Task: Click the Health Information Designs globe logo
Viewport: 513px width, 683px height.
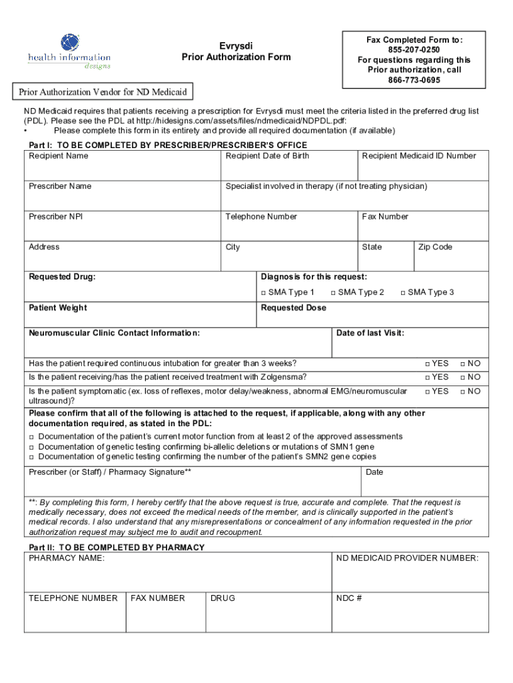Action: coord(69,43)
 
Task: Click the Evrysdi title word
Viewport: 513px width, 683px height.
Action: coord(236,45)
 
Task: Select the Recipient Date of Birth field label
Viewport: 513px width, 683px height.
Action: coord(267,156)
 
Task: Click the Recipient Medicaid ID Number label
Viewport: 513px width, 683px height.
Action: coord(419,156)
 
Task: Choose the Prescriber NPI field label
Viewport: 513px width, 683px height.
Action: coord(56,217)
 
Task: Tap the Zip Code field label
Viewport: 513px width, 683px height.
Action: coord(435,247)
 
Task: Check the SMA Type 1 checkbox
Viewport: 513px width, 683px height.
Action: coord(263,293)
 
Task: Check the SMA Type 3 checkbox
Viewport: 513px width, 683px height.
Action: coord(403,293)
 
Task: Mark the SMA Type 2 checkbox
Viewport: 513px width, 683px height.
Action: coord(333,293)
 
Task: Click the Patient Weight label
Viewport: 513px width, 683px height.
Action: coord(57,308)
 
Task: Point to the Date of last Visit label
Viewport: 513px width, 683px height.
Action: coord(370,333)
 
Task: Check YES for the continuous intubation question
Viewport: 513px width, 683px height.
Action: coord(427,364)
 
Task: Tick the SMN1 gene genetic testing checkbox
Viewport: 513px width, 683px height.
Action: coord(31,447)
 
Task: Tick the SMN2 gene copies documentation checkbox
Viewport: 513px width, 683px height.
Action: coord(31,457)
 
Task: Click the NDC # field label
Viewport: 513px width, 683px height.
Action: coord(348,598)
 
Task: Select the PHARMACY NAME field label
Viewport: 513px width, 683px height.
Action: coord(67,558)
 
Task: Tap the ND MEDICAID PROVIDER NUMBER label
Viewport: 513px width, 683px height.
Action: coord(407,558)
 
